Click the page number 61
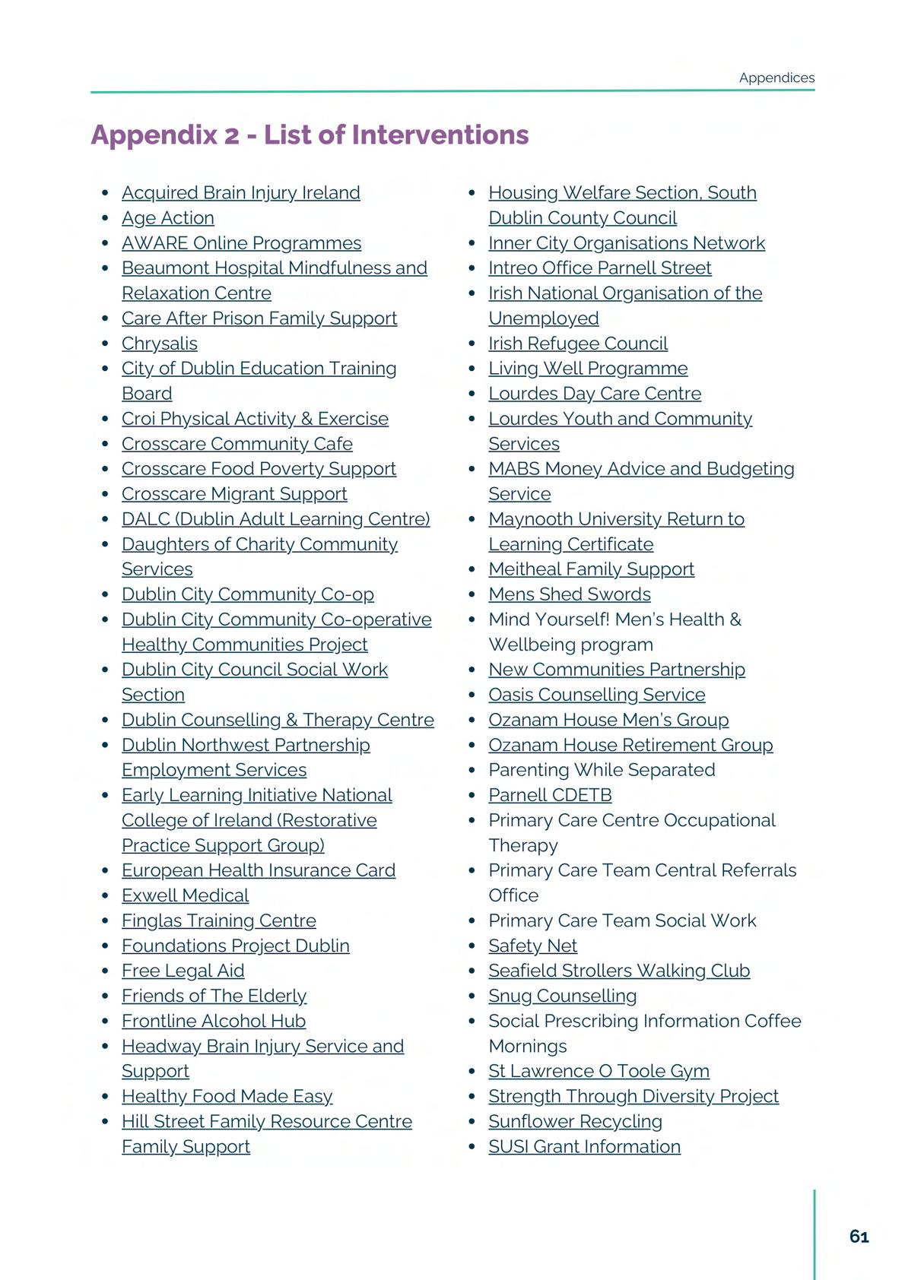click(859, 1237)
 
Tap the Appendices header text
click(776, 78)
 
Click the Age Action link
click(167, 218)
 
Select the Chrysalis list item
click(159, 344)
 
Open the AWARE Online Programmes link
click(241, 243)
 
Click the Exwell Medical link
click(185, 895)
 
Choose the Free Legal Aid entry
click(183, 971)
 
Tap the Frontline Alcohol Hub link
click(213, 1021)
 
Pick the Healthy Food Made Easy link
click(227, 1096)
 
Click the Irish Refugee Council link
click(578, 344)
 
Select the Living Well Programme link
click(588, 369)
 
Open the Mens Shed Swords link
click(570, 594)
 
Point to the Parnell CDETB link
click(550, 795)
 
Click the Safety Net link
click(532, 946)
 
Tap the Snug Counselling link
click(562, 996)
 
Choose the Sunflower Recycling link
click(575, 1121)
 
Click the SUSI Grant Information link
click(584, 1146)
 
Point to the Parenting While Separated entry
click(602, 770)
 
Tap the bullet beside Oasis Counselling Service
click(472, 695)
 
